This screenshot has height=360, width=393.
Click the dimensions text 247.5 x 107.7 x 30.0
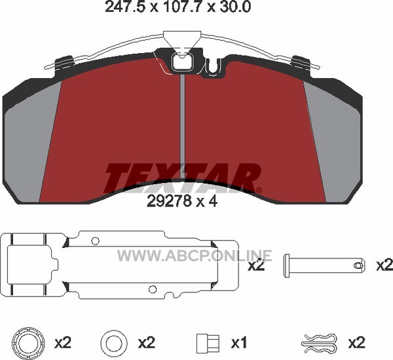coord(178,7)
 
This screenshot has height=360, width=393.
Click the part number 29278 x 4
coord(182,201)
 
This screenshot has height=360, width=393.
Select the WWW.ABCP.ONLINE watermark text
coord(195,255)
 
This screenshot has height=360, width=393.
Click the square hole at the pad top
coord(181,62)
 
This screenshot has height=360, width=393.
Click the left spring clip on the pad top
coord(64,64)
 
